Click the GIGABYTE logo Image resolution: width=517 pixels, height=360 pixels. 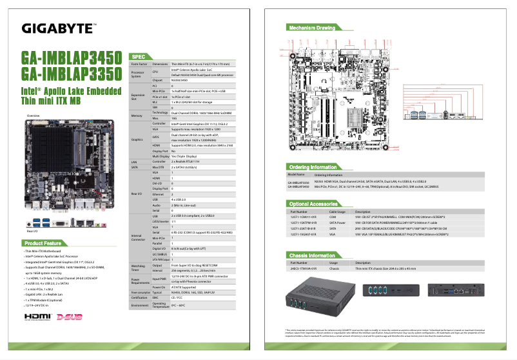pyautogui.click(x=59, y=28)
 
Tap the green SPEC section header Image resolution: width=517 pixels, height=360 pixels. pyautogui.click(x=142, y=57)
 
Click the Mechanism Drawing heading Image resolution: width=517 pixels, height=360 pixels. pyautogui.click(x=312, y=28)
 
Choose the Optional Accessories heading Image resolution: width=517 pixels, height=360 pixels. pyautogui.click(x=315, y=204)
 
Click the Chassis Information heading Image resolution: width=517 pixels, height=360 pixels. pyautogui.click(x=312, y=255)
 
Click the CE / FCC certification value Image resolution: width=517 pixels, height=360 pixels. pyautogui.click(x=177, y=297)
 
